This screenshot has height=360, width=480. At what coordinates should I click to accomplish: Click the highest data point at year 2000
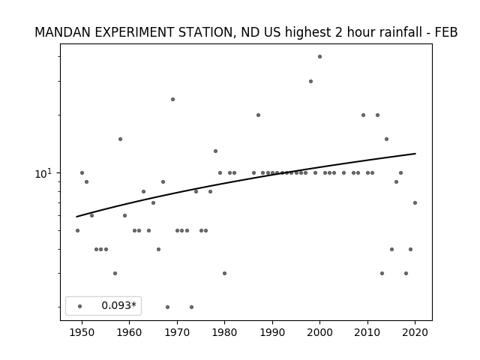319,57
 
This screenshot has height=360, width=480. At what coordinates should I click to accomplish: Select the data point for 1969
172,99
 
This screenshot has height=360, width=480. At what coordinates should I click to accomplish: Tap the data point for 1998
310,82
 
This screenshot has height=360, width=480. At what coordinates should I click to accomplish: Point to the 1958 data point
120,139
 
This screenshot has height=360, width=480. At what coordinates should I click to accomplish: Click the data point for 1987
258,115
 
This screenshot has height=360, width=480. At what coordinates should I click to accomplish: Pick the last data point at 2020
415,202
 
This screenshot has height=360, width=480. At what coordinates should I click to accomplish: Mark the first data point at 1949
77,230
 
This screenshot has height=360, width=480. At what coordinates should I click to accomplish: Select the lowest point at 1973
191,307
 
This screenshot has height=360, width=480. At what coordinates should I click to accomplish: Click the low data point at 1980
224,273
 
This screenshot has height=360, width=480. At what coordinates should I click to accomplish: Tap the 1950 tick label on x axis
82,332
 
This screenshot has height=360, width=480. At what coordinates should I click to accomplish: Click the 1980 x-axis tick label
224,332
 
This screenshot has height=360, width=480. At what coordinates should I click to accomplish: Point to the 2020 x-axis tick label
415,332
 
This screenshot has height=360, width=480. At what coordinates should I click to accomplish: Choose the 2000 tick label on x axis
319,332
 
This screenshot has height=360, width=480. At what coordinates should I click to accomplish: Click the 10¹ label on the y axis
43,173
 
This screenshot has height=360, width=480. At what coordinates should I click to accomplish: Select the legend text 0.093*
118,305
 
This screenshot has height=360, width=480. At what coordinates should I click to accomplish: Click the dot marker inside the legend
79,306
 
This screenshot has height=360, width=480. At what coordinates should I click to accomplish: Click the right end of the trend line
415,153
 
